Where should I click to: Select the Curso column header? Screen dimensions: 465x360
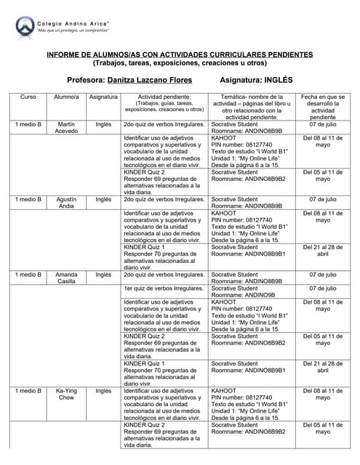(x=28, y=97)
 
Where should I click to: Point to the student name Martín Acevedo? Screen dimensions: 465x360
(x=66, y=129)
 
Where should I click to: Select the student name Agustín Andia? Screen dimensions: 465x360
(x=66, y=201)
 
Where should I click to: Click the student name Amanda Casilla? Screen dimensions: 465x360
(x=66, y=278)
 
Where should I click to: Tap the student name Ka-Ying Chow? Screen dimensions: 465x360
(x=66, y=395)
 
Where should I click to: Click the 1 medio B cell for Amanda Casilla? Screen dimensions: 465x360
(x=28, y=275)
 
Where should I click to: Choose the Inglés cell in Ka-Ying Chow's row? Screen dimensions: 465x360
(x=103, y=391)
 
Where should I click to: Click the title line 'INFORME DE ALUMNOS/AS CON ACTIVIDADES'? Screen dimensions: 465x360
(x=180, y=54)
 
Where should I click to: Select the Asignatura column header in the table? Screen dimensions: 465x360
(x=103, y=97)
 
